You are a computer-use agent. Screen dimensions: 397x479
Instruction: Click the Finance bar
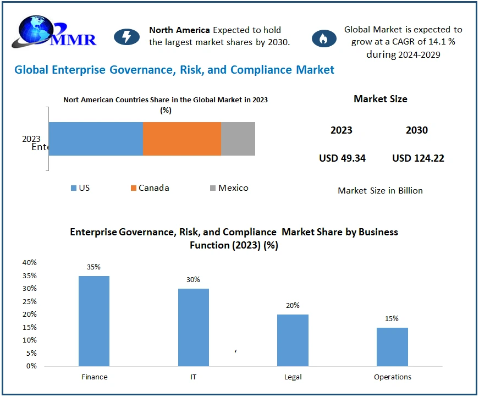coord(94,321)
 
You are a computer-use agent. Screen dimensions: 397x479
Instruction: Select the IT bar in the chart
coord(194,327)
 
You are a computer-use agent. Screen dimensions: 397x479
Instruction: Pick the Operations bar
coord(392,346)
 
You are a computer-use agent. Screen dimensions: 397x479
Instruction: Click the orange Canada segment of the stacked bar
coord(182,139)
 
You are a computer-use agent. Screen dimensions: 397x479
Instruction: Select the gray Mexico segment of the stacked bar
coord(238,139)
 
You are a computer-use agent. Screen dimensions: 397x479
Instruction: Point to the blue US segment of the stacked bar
coord(96,139)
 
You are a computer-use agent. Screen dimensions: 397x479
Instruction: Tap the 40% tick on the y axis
coord(30,262)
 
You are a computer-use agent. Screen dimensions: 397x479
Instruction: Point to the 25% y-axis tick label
coord(30,301)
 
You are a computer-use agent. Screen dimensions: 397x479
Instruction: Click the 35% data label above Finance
coord(93,267)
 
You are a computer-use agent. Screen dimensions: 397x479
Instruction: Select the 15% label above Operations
coord(392,319)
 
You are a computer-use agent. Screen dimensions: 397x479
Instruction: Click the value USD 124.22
coord(418,158)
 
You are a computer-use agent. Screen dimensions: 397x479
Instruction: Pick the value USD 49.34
coord(342,158)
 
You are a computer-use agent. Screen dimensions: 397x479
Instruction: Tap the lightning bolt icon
coord(126,37)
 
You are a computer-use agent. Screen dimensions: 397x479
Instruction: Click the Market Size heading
coord(381,99)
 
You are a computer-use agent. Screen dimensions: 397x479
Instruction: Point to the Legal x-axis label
coord(293,377)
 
